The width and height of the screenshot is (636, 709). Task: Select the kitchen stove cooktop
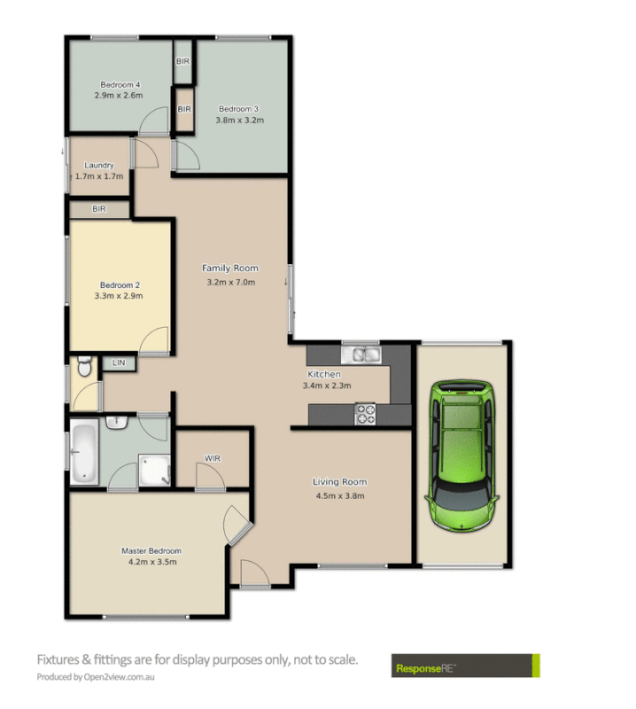pos(366,413)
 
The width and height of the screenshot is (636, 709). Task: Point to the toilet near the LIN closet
pos(84,365)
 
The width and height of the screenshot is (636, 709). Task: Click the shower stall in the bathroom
pos(152,471)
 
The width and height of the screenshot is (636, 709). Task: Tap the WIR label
pos(212,459)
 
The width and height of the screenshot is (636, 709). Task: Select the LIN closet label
pos(117,363)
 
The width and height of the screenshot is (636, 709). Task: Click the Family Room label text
pos(229,268)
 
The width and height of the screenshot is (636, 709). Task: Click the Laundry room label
pos(98,165)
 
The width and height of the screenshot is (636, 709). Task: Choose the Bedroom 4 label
pos(120,84)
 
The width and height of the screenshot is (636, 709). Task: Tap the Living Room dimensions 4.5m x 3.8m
pos(339,495)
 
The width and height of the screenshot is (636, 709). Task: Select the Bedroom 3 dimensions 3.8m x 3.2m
pos(242,120)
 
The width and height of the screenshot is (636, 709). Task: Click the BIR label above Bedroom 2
pos(99,209)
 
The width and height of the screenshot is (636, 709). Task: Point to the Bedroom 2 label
pos(119,285)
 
